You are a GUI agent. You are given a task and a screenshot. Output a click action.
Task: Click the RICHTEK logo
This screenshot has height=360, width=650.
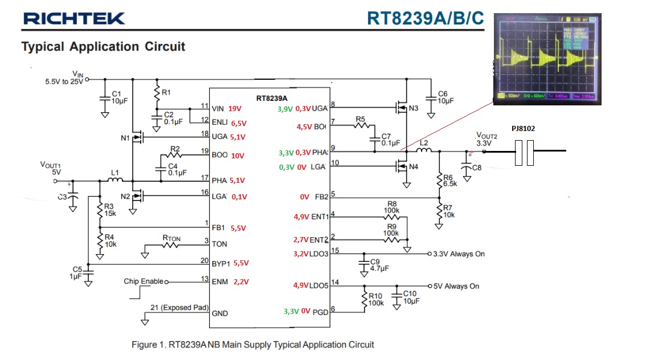(x=74, y=19)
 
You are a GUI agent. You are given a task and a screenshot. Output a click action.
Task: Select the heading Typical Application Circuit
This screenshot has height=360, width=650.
(x=103, y=47)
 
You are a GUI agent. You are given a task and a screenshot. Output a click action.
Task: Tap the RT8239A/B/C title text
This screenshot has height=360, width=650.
(x=426, y=18)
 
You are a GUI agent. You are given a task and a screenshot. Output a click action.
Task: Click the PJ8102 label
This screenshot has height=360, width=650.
(x=524, y=129)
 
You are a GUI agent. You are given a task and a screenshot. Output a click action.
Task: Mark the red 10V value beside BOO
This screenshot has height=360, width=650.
(x=238, y=156)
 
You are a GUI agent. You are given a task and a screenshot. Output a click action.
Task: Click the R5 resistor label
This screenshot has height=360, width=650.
(x=361, y=119)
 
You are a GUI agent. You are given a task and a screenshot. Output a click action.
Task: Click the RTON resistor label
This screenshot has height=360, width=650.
(x=173, y=238)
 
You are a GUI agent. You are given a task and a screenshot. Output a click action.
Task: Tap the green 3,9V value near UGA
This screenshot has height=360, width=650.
(x=285, y=109)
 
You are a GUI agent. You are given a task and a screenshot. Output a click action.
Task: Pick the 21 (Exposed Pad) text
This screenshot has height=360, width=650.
(x=179, y=308)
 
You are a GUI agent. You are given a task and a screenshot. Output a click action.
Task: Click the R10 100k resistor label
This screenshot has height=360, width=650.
(x=376, y=299)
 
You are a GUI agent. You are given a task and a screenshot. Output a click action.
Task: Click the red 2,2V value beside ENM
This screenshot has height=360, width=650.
(x=241, y=281)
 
